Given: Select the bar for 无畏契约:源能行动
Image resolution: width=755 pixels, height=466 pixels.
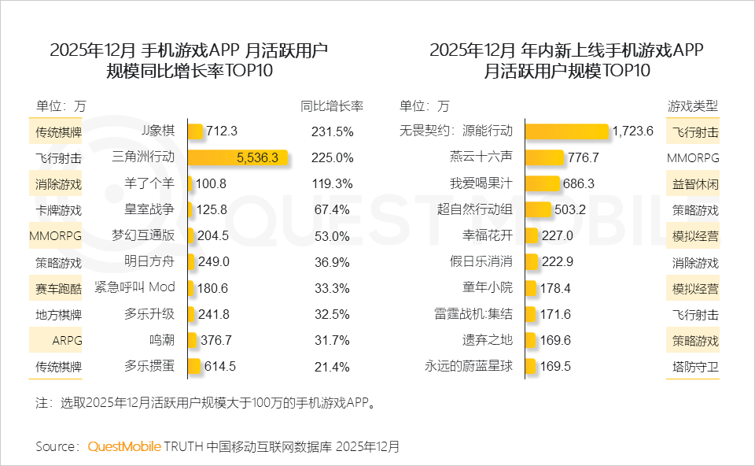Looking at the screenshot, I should point(566,131).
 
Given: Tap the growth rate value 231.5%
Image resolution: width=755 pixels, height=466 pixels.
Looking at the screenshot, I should point(332,131).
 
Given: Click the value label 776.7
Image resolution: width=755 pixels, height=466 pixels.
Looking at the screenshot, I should point(583,157).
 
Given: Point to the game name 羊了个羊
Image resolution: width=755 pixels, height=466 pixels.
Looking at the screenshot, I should point(149,183).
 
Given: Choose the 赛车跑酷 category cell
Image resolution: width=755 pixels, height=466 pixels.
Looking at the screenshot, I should point(58,288).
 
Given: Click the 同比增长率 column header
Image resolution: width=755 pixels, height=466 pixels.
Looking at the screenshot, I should point(332,105).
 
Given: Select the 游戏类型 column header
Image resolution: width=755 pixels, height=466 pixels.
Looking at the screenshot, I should point(693,105).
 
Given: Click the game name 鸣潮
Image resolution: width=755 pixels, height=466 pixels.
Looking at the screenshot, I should point(161,340).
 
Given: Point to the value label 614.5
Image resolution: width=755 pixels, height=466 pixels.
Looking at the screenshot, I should point(220,366).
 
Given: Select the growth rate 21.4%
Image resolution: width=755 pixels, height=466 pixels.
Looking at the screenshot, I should point(332,366).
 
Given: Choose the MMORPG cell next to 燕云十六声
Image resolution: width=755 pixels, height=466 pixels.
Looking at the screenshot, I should point(693,157).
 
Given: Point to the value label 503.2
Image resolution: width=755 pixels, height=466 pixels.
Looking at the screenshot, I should point(572,209).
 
